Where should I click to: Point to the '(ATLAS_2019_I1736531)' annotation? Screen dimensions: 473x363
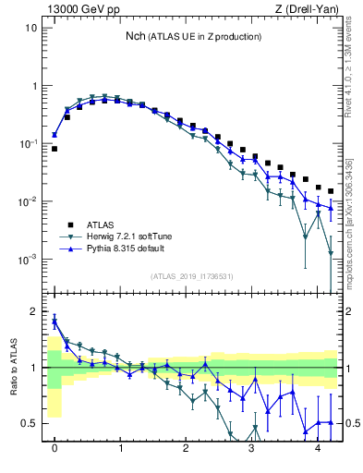pos(192,276)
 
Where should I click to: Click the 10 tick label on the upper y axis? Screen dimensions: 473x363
pos(31,28)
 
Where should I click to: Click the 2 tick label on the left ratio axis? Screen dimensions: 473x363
pos(34,312)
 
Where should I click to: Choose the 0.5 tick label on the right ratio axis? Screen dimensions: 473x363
pos(352,424)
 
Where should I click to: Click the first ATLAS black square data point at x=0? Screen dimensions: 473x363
pos(54,149)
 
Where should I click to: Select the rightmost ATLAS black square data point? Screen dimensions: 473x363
pos(331,191)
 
